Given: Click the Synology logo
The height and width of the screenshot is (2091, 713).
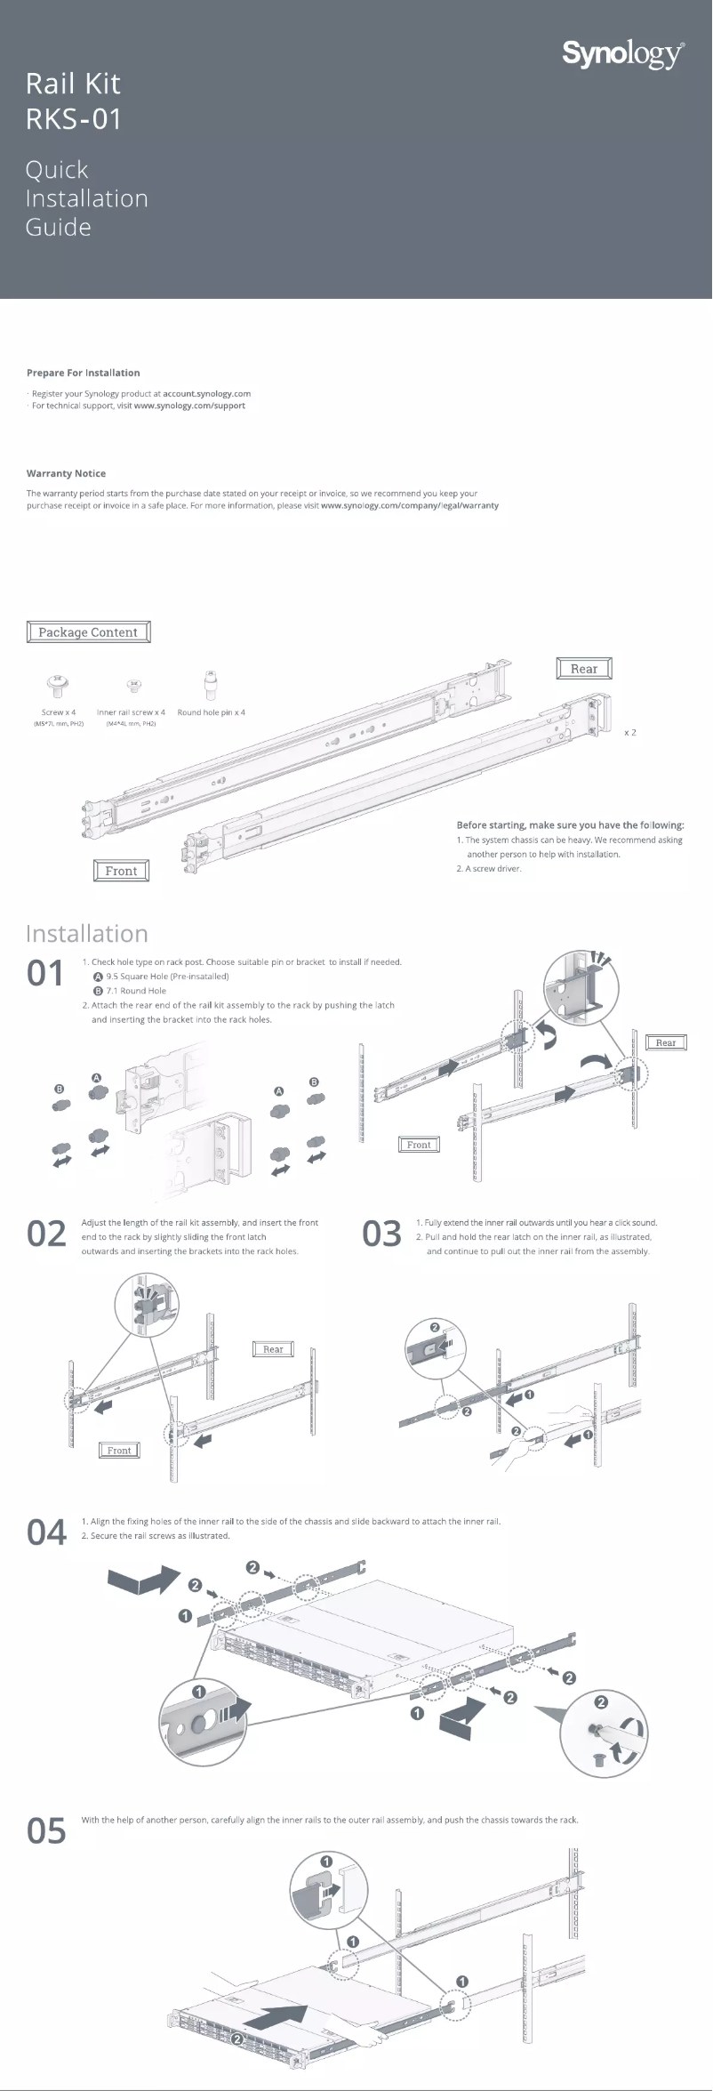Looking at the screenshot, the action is pyautogui.click(x=623, y=55).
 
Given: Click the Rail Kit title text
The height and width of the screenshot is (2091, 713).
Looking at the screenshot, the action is pyautogui.click(x=73, y=84).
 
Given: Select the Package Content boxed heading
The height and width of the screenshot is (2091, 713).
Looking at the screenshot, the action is pyautogui.click(x=88, y=632).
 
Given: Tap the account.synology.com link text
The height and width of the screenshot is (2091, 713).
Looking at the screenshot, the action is pyautogui.click(x=206, y=393).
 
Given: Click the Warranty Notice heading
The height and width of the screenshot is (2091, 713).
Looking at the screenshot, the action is pyautogui.click(x=66, y=473).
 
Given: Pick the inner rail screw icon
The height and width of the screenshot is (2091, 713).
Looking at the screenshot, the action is pyautogui.click(x=135, y=685).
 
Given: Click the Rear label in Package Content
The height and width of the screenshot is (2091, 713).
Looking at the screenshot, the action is pyautogui.click(x=584, y=669).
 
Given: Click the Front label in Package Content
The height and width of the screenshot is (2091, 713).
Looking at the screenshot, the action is pyautogui.click(x=121, y=871).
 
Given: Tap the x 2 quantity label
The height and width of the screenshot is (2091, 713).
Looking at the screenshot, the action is pyautogui.click(x=629, y=732).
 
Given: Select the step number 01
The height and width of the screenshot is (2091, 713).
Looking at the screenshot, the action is pyautogui.click(x=44, y=974).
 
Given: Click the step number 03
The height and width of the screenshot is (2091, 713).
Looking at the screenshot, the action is pyautogui.click(x=381, y=1234).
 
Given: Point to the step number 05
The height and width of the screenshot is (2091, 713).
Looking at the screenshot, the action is pyautogui.click(x=46, y=1830).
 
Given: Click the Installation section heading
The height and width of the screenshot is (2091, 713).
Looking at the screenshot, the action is pyautogui.click(x=87, y=933).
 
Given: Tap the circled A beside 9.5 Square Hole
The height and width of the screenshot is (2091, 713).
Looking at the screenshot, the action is pyautogui.click(x=98, y=977).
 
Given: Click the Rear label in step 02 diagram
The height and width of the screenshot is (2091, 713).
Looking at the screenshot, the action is pyautogui.click(x=273, y=1349).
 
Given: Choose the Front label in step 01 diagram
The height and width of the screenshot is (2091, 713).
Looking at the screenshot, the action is pyautogui.click(x=419, y=1145).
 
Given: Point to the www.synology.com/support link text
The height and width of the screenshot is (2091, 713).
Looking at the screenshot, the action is pyautogui.click(x=189, y=406).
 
